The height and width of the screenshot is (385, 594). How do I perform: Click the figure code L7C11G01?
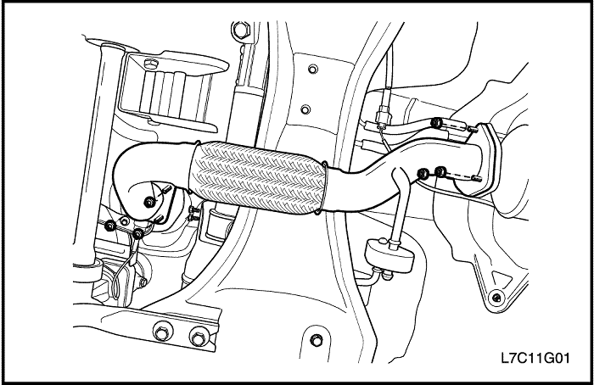tap(535, 357)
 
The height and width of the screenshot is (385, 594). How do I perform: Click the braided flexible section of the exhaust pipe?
tap(258, 178)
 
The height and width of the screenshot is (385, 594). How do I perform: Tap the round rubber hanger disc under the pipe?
tap(389, 256)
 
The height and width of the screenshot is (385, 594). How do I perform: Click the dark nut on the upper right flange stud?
tap(436, 122)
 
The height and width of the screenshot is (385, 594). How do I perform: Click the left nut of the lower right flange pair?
tap(423, 174)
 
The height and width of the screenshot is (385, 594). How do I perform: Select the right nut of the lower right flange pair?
tap(440, 172)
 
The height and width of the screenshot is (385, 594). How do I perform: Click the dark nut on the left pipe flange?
tap(149, 202)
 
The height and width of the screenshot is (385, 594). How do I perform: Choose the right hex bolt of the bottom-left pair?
tap(198, 337)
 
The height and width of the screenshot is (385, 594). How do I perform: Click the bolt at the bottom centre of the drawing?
tap(317, 340)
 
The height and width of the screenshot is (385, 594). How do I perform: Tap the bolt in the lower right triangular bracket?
tap(496, 298)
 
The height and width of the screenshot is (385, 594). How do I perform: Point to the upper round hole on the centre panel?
tap(312, 70)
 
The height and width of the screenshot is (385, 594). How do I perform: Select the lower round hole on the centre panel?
tap(305, 109)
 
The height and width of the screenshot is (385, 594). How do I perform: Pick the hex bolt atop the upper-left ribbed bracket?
tap(150, 64)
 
